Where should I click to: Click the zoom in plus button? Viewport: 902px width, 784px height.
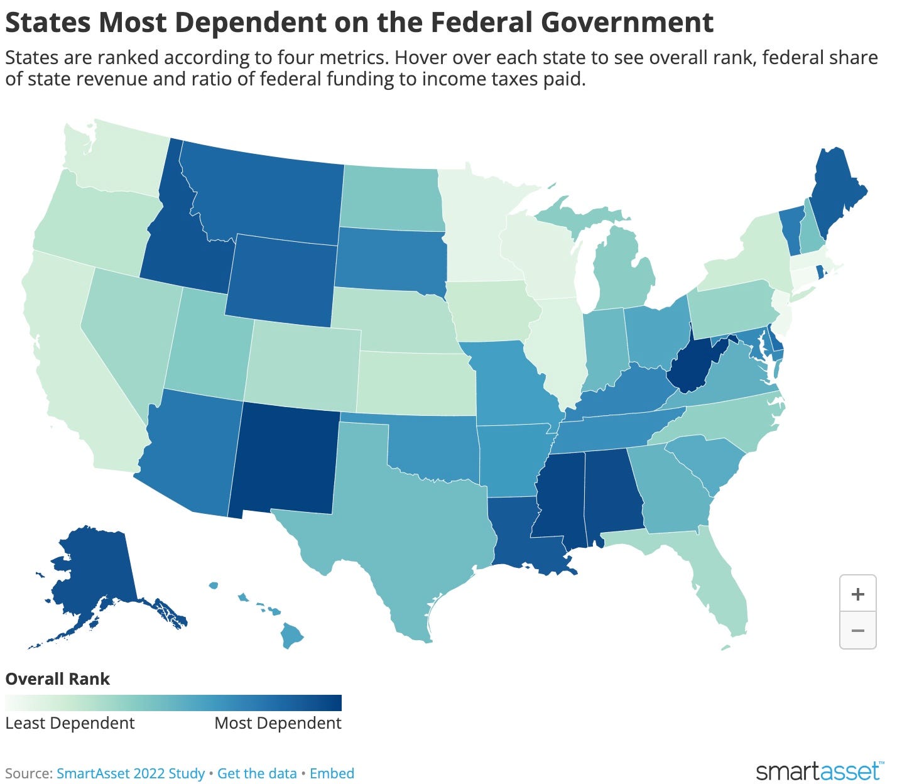pyautogui.click(x=857, y=594)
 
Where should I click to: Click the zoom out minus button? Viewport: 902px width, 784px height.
pyautogui.click(x=857, y=630)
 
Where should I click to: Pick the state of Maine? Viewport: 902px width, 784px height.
pyautogui.click(x=835, y=195)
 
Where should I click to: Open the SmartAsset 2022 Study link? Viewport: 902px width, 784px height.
pyautogui.click(x=131, y=773)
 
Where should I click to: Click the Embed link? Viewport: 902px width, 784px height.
pyautogui.click(x=332, y=773)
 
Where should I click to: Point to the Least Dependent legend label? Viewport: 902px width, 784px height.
pyautogui.click(x=70, y=723)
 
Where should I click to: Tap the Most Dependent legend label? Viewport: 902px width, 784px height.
pyautogui.click(x=278, y=723)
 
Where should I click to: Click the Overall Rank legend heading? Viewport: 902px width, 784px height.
pyautogui.click(x=58, y=679)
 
